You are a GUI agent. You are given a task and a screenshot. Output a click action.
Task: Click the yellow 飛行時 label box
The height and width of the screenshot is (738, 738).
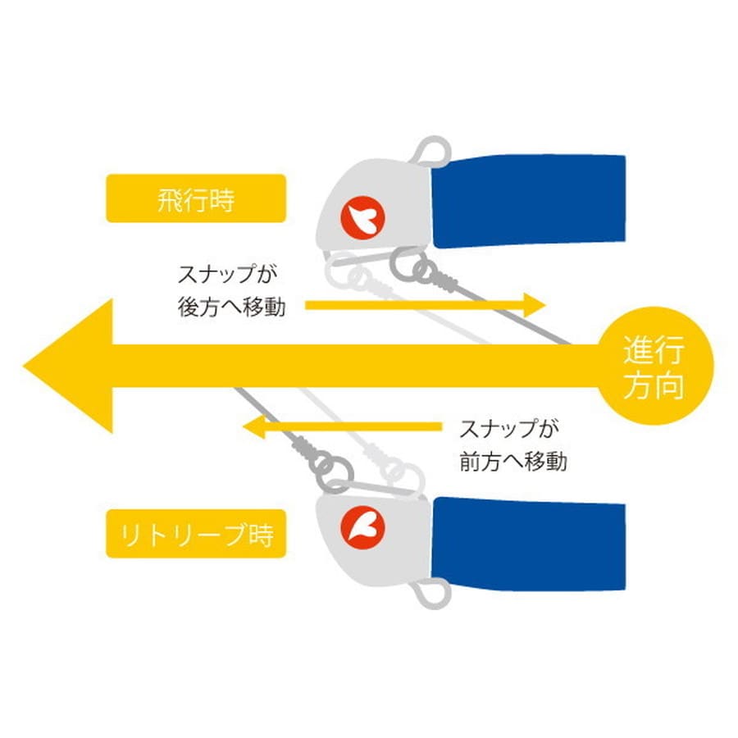pos(196,198)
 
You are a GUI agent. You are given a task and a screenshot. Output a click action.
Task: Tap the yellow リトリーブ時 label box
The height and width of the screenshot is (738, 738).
pos(196,533)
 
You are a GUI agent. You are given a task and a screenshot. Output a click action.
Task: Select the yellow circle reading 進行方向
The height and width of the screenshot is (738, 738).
pos(654,366)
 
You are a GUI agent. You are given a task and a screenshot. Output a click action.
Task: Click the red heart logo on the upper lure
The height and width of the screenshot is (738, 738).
pos(363,218)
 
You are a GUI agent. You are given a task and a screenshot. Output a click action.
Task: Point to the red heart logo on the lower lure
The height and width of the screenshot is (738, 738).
pos(363,527)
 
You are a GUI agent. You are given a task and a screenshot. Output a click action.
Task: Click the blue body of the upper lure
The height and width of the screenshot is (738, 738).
pos(529,201)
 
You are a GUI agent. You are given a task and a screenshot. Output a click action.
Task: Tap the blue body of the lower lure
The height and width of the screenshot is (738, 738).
pos(529,544)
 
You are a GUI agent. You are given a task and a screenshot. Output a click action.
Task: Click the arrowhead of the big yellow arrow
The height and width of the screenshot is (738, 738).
pos(68,366)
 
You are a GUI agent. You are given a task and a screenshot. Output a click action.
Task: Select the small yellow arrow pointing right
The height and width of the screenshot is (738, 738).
pos(425,306)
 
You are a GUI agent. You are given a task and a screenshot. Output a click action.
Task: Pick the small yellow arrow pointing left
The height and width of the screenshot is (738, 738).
pos(342,427)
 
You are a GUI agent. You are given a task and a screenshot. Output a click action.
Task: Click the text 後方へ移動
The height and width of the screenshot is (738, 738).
pos(232,307)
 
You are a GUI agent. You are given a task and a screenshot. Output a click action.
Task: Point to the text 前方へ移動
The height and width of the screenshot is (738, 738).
pos(513,462)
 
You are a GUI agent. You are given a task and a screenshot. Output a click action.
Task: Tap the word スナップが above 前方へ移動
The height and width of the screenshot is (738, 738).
pos(509,429)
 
